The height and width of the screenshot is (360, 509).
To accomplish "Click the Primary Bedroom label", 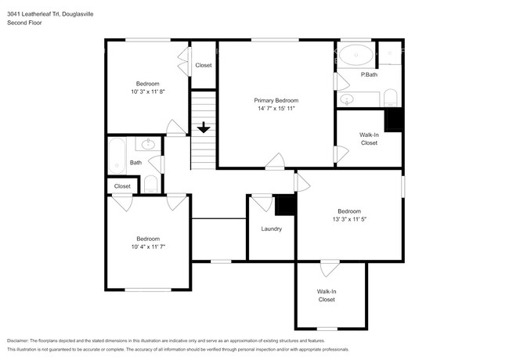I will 276,100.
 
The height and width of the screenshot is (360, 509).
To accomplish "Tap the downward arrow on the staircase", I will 204,128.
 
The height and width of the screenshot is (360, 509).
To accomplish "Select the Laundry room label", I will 271,229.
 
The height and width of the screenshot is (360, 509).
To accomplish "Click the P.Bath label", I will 369,74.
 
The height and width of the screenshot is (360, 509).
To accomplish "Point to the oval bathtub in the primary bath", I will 359,55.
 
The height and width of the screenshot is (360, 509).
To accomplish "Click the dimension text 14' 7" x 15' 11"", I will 276,109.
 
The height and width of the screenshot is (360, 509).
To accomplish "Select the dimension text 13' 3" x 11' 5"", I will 349,220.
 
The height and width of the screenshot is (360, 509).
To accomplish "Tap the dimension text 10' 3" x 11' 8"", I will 147,92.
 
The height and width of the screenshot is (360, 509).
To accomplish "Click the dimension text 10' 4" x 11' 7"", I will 147,247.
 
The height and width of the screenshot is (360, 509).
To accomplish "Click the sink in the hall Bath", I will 148,145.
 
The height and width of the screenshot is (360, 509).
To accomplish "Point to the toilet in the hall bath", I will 151,184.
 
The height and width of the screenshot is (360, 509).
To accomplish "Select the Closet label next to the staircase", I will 204,65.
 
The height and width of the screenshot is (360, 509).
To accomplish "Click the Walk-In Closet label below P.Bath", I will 369,139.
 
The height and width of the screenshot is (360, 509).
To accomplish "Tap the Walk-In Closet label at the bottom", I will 327,295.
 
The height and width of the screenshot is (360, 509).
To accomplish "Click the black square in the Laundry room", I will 286,203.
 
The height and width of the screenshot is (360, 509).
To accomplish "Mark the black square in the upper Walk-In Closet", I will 393,120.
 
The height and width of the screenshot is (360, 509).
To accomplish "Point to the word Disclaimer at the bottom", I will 22,340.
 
